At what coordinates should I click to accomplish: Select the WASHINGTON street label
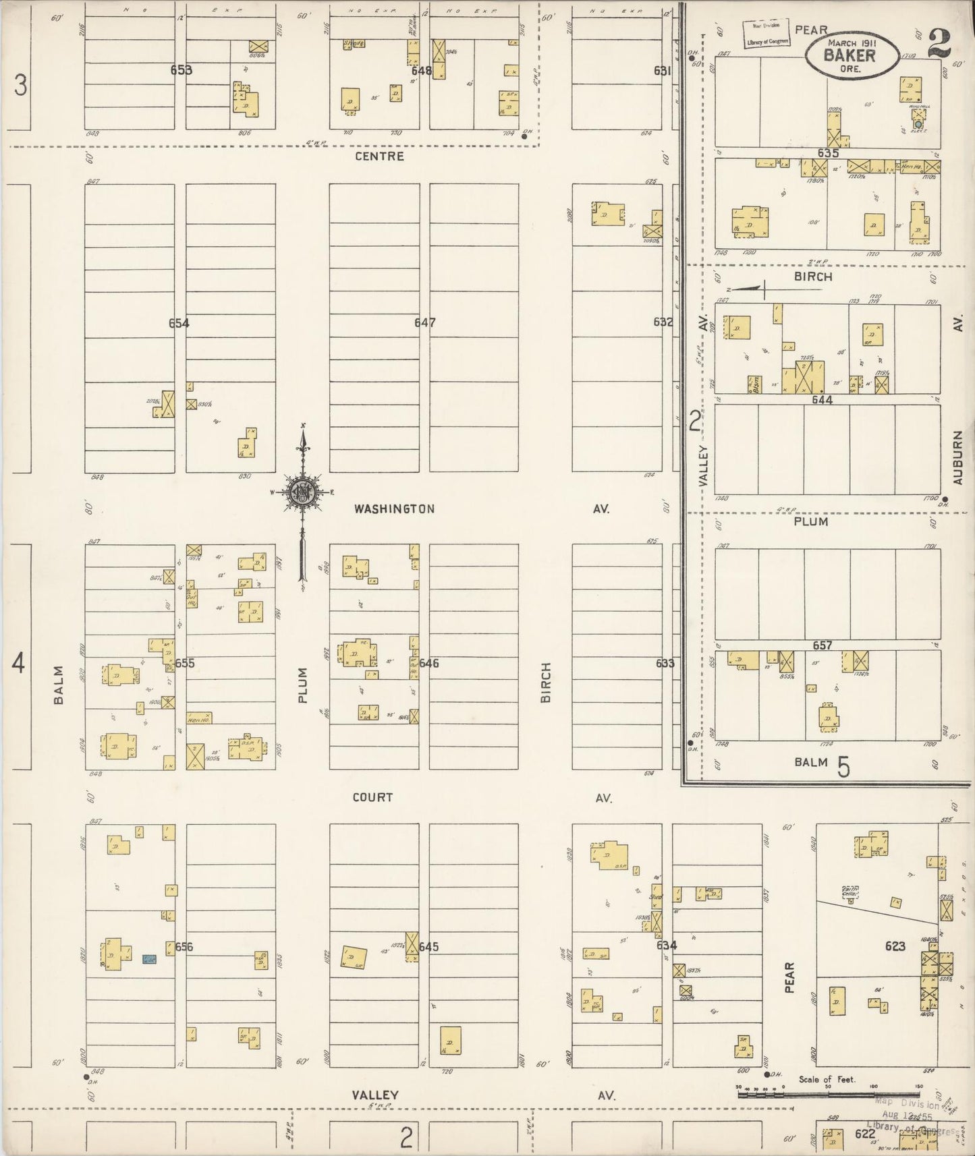[x=394, y=509]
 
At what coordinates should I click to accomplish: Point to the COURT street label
[x=372, y=797]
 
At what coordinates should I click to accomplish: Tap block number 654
[x=179, y=323]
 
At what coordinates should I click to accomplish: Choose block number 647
[x=424, y=322]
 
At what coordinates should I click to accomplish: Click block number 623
[x=895, y=946]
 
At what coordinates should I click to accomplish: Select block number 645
[x=428, y=947]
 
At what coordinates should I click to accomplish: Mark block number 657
[x=822, y=645]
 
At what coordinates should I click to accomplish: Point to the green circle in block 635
[x=918, y=125]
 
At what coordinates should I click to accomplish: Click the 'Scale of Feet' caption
[x=827, y=1079]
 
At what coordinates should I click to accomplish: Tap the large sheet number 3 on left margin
[x=21, y=86]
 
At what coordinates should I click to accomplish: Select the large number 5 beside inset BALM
[x=843, y=767]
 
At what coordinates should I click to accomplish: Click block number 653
[x=181, y=69]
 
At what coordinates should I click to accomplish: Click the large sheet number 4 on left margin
[x=18, y=664]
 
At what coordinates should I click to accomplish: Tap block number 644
[x=822, y=400]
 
